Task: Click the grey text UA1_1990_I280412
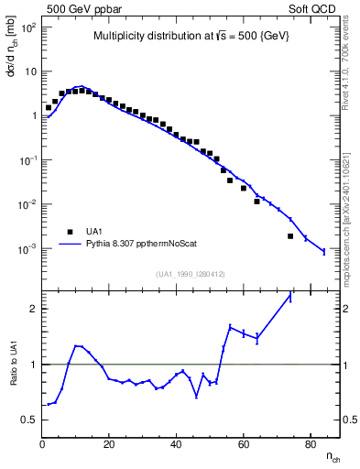pos(191,273)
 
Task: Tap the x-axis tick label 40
pos(177,445)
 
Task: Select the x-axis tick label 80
pos(311,445)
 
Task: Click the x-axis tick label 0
pos(43,445)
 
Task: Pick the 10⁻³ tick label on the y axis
pos(27,249)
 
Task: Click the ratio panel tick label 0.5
pos(29,420)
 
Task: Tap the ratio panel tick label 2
pos(33,309)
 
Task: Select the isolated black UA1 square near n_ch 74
pos(290,236)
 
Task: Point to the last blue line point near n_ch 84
pos(323,251)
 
